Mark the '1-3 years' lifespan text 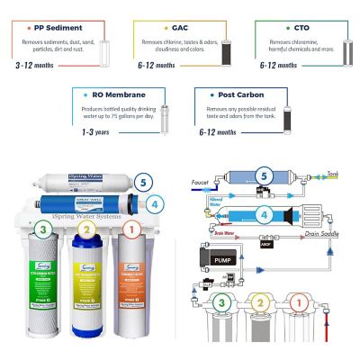[90, 131]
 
